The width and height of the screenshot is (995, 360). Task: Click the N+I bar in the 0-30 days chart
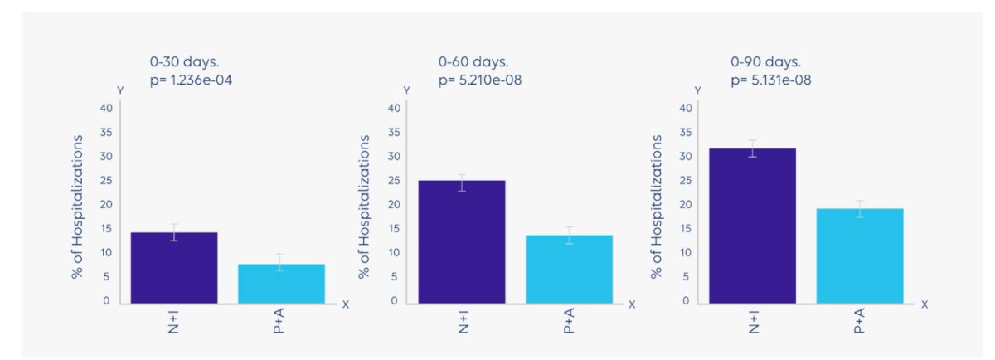point(174,268)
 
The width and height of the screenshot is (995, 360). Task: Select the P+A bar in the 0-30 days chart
point(282,284)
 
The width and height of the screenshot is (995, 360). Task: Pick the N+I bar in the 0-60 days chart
point(462,242)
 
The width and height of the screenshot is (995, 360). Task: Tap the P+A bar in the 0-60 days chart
point(569,270)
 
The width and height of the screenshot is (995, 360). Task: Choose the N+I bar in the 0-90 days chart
point(753,226)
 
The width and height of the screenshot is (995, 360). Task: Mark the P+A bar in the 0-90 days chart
point(860,256)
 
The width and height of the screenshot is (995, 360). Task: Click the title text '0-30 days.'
point(184,61)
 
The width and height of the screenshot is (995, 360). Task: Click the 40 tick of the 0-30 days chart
point(106,108)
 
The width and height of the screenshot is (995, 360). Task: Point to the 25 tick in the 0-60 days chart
point(394,181)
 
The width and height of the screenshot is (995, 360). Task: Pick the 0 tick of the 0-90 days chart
point(686,301)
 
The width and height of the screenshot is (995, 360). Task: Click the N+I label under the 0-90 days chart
point(754,322)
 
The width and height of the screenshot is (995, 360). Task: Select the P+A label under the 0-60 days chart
point(569,320)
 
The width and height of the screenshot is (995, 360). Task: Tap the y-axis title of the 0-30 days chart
point(77,207)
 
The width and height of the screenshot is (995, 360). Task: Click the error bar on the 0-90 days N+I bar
point(753,148)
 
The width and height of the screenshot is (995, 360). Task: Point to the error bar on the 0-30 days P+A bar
point(279,263)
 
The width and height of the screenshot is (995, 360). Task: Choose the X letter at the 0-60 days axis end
point(632,304)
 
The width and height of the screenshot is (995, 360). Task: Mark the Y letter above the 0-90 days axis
point(698,90)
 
